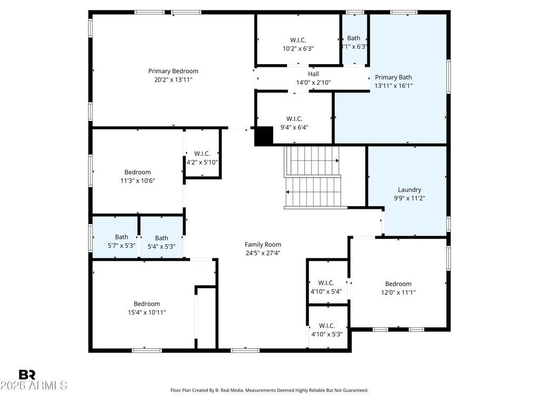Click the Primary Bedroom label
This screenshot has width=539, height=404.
(x=173, y=71)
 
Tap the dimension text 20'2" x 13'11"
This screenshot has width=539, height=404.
(x=173, y=80)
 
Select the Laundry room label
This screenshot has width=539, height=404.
(x=410, y=189)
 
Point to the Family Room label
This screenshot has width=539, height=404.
(x=263, y=245)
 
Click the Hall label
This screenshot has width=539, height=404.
(x=314, y=74)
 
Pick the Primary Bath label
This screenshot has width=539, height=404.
(x=393, y=77)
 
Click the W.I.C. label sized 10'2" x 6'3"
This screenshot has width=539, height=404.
(x=298, y=40)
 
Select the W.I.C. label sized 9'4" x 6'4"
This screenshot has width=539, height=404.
(x=294, y=119)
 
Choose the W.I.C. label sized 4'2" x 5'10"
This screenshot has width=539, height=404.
(x=202, y=154)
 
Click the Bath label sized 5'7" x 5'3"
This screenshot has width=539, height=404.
(x=122, y=237)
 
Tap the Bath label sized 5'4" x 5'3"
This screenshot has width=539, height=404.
(x=162, y=238)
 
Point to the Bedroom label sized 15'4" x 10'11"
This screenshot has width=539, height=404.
(x=147, y=304)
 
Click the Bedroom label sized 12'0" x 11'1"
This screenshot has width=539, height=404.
(x=398, y=284)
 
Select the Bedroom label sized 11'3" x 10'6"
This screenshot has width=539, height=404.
(x=137, y=172)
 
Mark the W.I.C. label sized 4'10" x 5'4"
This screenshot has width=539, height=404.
(x=326, y=283)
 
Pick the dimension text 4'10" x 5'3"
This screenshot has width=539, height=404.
(x=327, y=334)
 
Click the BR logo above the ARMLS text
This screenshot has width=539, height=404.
(x=27, y=375)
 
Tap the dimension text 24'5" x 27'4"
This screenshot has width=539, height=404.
(x=263, y=253)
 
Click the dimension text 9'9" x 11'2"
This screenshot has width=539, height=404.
(x=410, y=198)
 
